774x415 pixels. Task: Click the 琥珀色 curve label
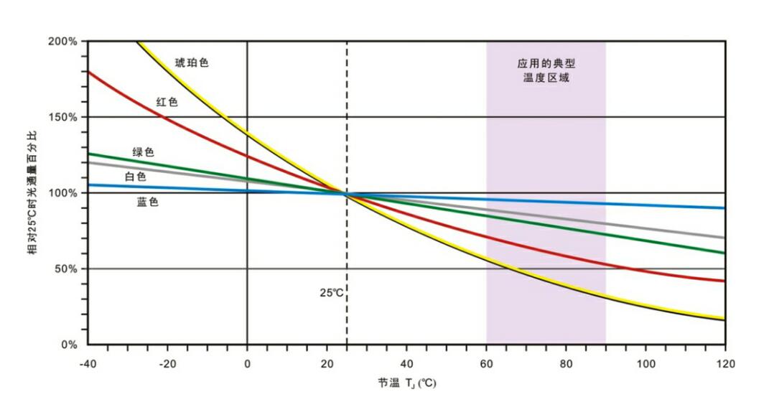pyautogui.click(x=192, y=63)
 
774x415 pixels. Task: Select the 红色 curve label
pyautogui.click(x=167, y=102)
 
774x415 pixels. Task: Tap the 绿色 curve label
pyautogui.click(x=143, y=152)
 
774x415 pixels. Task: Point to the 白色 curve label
pyautogui.click(x=136, y=177)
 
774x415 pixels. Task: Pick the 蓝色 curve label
pyautogui.click(x=147, y=202)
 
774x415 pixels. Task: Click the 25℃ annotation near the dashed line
pyautogui.click(x=332, y=293)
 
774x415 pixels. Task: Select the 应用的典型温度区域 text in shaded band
pyautogui.click(x=546, y=70)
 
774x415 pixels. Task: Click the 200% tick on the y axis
pyautogui.click(x=62, y=42)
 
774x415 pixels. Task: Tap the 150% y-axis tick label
pyautogui.click(x=62, y=117)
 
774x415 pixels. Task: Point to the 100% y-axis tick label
pyautogui.click(x=62, y=193)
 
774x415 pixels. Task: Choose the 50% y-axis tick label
pyautogui.click(x=65, y=269)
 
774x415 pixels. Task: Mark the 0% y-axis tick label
pyautogui.click(x=68, y=345)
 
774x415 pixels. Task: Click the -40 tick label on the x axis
pyautogui.click(x=88, y=364)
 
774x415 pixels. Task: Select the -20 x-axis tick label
pyautogui.click(x=167, y=364)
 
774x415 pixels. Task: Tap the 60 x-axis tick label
pyautogui.click(x=486, y=364)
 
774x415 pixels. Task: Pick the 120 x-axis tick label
pyautogui.click(x=724, y=364)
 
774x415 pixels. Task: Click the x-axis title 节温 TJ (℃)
pyautogui.click(x=406, y=383)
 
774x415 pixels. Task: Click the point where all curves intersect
pyautogui.click(x=347, y=193)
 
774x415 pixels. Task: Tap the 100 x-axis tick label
pyautogui.click(x=645, y=364)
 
